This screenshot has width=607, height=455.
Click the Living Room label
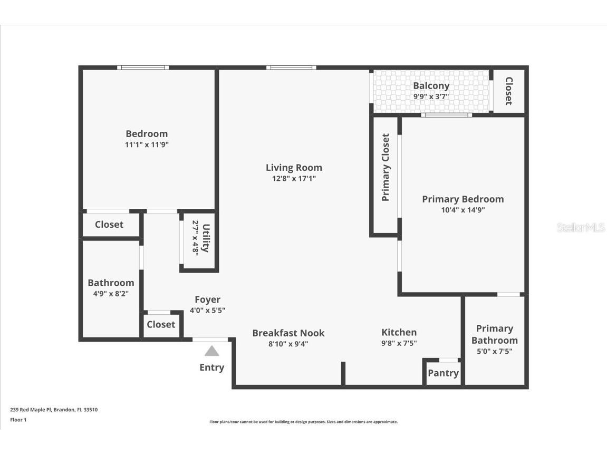tap(294, 168)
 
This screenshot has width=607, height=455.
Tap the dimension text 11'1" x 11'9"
tap(147, 144)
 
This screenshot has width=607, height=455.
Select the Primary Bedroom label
tap(463, 199)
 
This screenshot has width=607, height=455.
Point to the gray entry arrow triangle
tap(211, 351)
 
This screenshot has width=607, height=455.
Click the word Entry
tap(211, 367)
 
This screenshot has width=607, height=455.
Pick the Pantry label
tap(443, 373)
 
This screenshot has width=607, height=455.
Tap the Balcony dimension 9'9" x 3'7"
tap(431, 96)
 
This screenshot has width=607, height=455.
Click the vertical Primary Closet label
tap(386, 168)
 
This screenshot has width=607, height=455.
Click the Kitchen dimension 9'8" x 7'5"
tap(399, 343)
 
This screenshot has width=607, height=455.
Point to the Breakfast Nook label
tap(288, 333)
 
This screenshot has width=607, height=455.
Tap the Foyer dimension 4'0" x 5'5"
tap(207, 311)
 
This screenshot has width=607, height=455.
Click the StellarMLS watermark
tap(581, 228)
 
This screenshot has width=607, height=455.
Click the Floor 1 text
tap(18, 420)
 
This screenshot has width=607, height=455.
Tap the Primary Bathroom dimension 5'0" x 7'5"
tap(494, 351)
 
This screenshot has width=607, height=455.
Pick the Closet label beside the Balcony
tap(509, 91)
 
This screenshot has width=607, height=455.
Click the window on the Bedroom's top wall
tap(143, 67)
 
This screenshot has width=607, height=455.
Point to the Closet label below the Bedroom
tap(109, 225)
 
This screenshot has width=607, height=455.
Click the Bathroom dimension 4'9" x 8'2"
tap(111, 293)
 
